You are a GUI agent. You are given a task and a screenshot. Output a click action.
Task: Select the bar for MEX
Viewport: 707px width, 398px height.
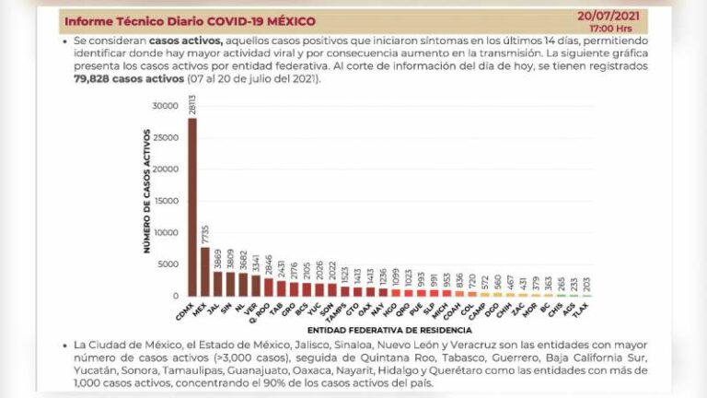tap(205, 271)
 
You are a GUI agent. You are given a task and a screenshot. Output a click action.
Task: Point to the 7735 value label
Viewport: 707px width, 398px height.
tap(205, 237)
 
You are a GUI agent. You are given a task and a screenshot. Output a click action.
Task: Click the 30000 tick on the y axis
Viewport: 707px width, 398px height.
tap(165, 106)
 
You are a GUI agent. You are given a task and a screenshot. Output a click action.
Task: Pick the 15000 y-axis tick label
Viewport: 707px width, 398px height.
tap(165, 201)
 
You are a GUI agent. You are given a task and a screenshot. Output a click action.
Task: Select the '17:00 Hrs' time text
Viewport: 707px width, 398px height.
tap(637, 29)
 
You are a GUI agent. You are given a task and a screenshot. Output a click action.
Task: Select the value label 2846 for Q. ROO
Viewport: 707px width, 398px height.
tap(269, 265)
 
